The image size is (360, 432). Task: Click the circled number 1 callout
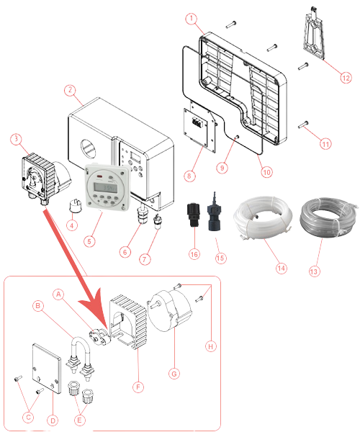point(192,19)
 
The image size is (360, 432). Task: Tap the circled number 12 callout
point(346,78)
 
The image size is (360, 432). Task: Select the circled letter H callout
point(211,346)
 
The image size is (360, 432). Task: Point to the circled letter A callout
point(58,294)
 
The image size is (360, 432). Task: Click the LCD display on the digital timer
point(106,188)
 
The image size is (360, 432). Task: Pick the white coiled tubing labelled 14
point(263,217)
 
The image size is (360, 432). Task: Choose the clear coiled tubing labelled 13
point(328,217)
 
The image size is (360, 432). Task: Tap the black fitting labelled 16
point(193,215)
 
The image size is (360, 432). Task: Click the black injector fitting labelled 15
point(215,212)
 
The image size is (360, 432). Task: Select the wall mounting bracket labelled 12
point(314,35)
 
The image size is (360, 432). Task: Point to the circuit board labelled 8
point(196,126)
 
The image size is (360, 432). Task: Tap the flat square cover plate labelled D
point(46,368)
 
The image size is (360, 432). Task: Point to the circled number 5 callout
point(89,242)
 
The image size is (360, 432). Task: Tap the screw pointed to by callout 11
point(303,125)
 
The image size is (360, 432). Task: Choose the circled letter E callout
point(79,420)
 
